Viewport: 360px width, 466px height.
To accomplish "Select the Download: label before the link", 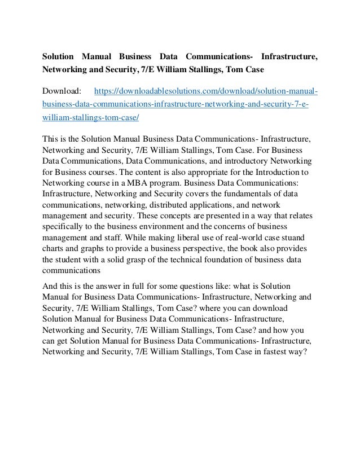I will pyautogui.click(x=62, y=90).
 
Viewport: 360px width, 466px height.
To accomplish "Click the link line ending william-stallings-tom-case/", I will pyautogui.click(x=91, y=118).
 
